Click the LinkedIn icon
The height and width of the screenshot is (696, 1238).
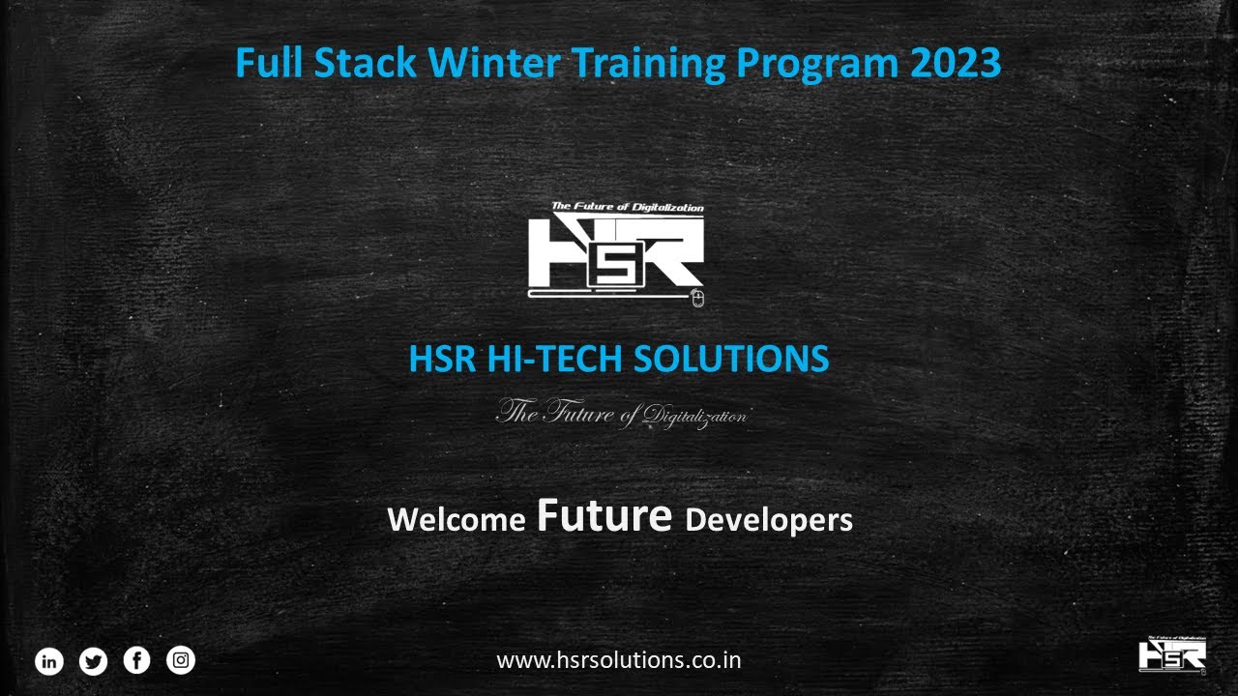pos(49,661)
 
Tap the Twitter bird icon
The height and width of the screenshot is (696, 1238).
pos(93,661)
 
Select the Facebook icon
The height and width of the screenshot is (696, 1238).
pos(137,661)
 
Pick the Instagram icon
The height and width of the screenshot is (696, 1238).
pos(181,661)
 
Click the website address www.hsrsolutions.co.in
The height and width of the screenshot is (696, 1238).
pos(619,661)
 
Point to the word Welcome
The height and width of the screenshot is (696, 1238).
pos(456,520)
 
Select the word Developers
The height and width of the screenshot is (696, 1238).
pos(769,520)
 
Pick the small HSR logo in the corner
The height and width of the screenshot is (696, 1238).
pos(1172,653)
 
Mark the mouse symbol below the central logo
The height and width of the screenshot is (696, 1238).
pos(699,298)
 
